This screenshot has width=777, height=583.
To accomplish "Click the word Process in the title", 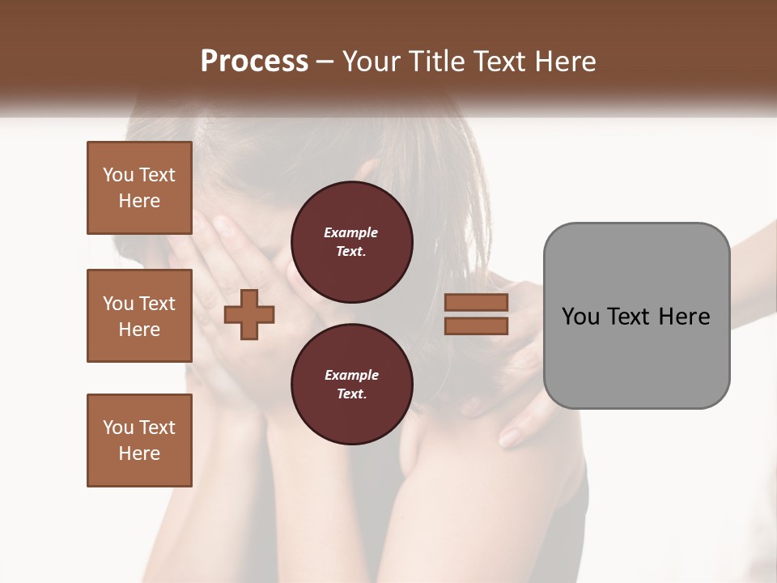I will [254, 62].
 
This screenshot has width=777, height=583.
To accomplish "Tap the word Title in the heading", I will [437, 62].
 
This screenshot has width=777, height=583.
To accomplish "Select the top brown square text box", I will [139, 188].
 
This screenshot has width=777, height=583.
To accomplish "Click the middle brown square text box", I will [139, 316].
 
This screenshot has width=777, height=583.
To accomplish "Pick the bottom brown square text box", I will [139, 440].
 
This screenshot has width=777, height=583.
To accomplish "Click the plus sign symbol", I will [249, 314].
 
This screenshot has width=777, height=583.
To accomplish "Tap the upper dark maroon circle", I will [351, 242].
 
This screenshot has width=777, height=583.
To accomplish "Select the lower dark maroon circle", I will [351, 385].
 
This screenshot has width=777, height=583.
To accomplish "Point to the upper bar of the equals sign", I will [476, 302].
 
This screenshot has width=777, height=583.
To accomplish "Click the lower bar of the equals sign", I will [476, 326].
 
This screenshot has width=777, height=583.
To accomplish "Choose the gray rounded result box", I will [636, 316].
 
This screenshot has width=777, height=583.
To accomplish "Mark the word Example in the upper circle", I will [351, 232].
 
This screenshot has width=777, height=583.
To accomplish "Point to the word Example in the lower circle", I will [351, 375].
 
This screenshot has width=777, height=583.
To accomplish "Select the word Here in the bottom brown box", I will [139, 453].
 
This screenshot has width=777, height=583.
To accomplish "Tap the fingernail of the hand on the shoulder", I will [510, 438].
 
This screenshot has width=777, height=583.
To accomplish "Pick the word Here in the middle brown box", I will [139, 330].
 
